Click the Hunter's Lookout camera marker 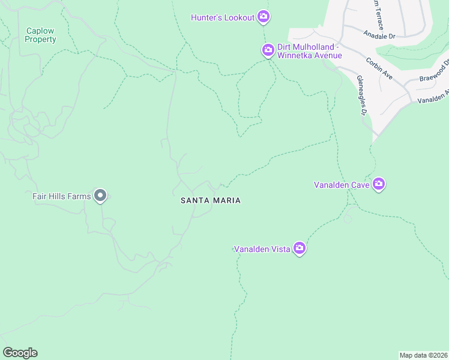coord(263,17)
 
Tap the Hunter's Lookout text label coord(223,17)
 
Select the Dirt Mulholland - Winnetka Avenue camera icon coord(268,50)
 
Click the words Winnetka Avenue coord(310,56)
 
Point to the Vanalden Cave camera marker coord(379,184)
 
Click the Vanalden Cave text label coord(341,185)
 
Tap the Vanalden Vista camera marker coord(300,248)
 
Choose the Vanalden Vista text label coord(262,248)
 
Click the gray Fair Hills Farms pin coord(100,196)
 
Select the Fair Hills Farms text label coord(61,196)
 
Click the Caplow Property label coord(40,35)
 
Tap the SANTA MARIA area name coord(211,200)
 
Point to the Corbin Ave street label coord(379,70)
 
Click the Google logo coord(20,353)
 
